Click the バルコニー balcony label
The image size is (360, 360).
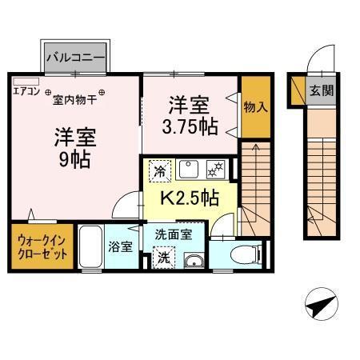click(75, 57)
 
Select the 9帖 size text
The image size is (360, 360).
click(73, 158)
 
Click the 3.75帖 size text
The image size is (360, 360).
click(190, 125)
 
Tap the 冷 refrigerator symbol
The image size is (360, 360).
click(160, 170)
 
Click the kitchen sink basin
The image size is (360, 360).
click(189, 169)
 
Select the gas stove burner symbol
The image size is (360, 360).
click(214, 169)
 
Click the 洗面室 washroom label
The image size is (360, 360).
click(173, 236)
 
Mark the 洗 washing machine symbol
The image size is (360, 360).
click(162, 258)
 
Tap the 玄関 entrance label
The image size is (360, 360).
click(322, 90)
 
